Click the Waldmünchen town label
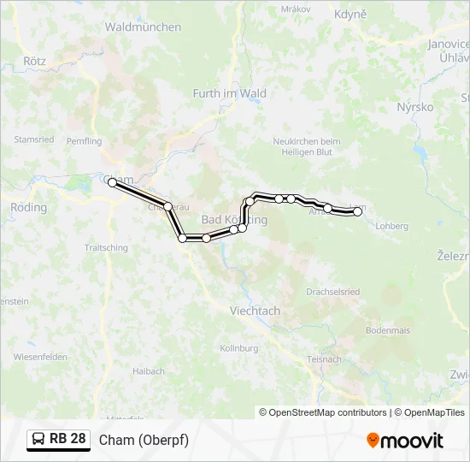[x=143, y=27]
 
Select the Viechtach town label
[x=255, y=311]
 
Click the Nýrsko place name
[x=415, y=108]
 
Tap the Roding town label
[x=28, y=208]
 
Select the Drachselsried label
[x=332, y=292]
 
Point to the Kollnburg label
[x=239, y=349]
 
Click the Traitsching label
[x=106, y=248]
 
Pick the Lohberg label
[x=392, y=227]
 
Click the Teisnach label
[x=323, y=359]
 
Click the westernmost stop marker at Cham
[x=112, y=182]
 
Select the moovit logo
[x=405, y=441]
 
